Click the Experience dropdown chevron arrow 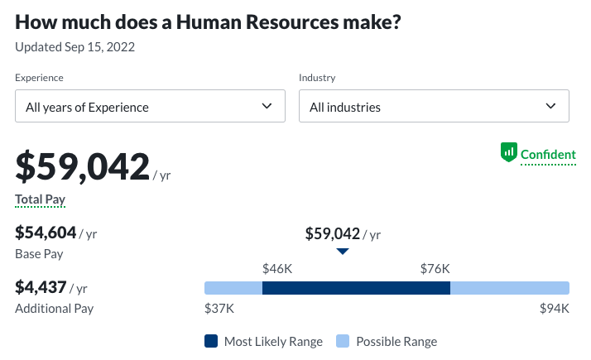tap(267, 106)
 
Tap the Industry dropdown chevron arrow tap(551, 106)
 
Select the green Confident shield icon tap(508, 153)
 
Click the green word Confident tap(548, 154)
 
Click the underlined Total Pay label tap(41, 199)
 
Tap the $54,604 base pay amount tap(46, 233)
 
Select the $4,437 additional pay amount tap(41, 287)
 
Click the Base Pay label tap(39, 254)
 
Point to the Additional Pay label tap(55, 309)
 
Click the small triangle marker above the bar tap(343, 252)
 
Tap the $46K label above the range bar tap(277, 268)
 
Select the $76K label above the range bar tap(435, 268)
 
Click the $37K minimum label tap(219, 309)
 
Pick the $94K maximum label tap(554, 309)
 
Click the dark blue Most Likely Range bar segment tap(356, 288)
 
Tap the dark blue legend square tap(210, 341)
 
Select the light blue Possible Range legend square tap(342, 341)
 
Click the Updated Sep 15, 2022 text tap(75, 46)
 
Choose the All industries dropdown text tap(345, 107)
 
